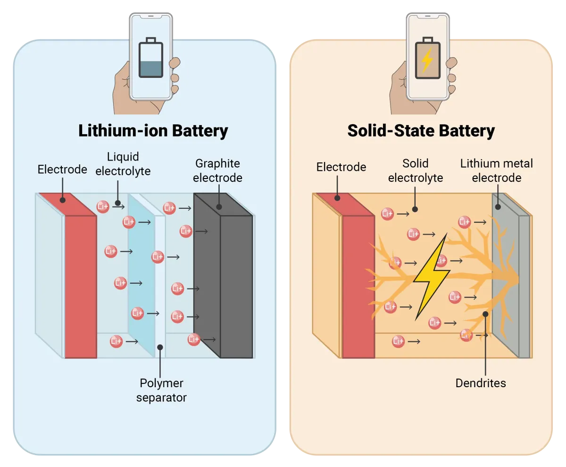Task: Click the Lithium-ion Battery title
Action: tap(153, 131)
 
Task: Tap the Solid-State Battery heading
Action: tap(421, 131)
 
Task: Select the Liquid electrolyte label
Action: tap(123, 164)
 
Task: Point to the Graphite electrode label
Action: tap(217, 170)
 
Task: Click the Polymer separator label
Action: tap(161, 390)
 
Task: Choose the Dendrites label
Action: tap(481, 383)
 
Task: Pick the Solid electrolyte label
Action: tap(416, 170)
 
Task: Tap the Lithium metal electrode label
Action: tap(497, 170)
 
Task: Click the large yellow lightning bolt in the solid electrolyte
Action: tap(432, 276)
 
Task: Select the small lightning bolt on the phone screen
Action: tap(427, 60)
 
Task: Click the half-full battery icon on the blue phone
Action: tap(151, 58)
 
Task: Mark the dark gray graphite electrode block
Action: tap(224, 275)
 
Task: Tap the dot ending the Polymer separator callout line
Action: tap(160, 347)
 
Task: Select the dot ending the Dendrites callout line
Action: tap(485, 314)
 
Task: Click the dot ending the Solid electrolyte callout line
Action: tap(415, 209)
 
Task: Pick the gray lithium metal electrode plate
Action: tap(511, 275)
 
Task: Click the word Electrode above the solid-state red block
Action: tap(341, 167)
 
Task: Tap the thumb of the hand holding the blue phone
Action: tap(175, 63)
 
